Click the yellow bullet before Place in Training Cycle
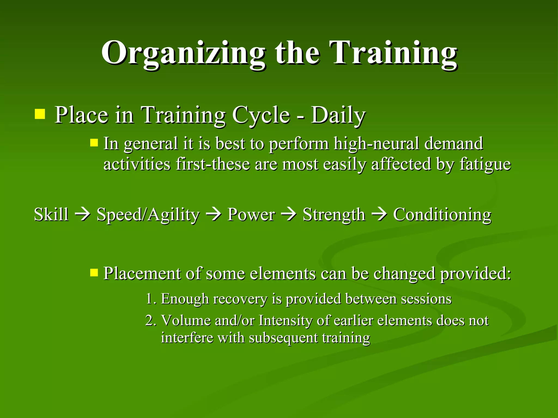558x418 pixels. tap(40, 114)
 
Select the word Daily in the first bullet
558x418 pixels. tap(338, 115)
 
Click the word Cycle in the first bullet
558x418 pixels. tap(261, 115)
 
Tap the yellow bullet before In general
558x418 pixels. tap(94, 143)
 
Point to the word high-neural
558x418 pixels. tap(376, 144)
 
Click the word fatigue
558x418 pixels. tap(485, 164)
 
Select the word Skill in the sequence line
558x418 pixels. tap(51, 214)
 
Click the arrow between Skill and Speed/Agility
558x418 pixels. tap(82, 214)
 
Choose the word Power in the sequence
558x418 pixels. tap(251, 214)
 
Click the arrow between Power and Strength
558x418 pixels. tap(289, 214)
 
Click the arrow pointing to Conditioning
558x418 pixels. tap(379, 214)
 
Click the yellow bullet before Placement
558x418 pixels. tap(94, 272)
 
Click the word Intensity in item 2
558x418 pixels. tap(285, 321)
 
